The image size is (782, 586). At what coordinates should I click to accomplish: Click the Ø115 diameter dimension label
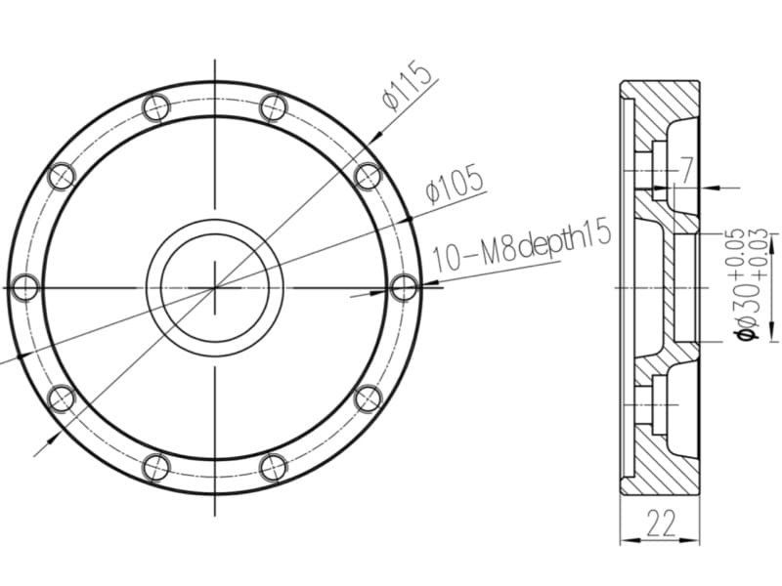pos(407,85)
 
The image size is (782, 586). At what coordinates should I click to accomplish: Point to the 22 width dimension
pos(661,523)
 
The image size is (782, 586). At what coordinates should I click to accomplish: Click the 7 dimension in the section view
pos(687,170)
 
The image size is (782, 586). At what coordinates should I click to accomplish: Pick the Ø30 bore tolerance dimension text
pos(750,284)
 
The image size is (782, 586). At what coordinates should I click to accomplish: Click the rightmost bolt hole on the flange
pos(404,288)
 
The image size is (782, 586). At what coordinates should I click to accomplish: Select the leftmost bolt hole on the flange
pos(25,288)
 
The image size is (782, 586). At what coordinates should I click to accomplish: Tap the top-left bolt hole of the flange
pos(156,107)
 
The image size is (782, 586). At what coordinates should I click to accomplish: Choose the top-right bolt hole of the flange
pos(274,107)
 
